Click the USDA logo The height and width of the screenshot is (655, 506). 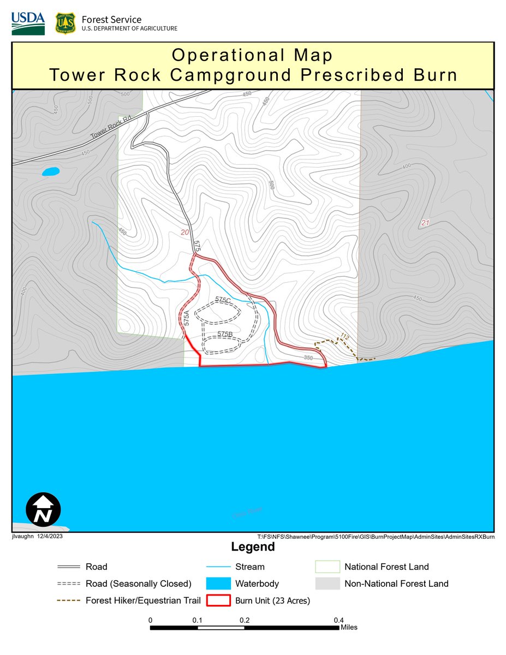28,23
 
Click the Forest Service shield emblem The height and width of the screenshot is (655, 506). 65,23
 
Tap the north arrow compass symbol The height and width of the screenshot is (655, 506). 43,509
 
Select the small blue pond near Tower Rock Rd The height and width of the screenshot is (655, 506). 51,172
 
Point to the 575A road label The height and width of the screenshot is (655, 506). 186,318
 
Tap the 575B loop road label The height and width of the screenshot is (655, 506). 225,334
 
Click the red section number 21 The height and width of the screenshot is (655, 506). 426,223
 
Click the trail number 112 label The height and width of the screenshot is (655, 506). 344,336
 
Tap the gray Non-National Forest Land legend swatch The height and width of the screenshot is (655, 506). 327,583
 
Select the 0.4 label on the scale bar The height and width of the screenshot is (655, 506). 338,620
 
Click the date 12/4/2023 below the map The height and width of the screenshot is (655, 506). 50,537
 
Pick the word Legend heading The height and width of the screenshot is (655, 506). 253,547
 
